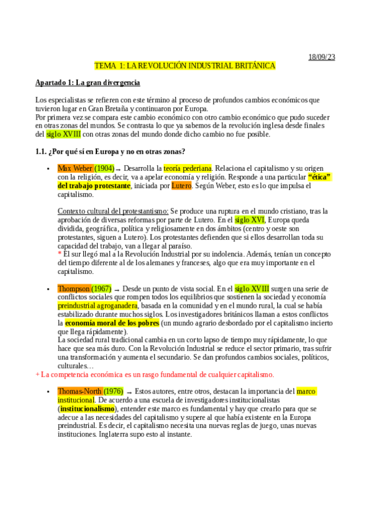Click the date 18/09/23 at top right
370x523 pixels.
point(322,57)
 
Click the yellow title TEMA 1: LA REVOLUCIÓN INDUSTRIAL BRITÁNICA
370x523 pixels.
point(185,65)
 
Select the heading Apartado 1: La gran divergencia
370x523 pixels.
point(88,83)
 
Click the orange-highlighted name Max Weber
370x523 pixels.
point(75,168)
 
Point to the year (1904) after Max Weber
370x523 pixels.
point(104,168)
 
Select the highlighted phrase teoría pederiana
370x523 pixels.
point(188,168)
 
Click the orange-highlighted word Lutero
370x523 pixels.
point(182,185)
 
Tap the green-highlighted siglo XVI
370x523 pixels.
point(249,220)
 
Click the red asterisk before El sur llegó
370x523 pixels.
point(59,253)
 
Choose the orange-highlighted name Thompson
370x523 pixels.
point(74,288)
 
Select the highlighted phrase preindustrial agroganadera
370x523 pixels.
point(98,305)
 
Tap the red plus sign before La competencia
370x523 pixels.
point(38,374)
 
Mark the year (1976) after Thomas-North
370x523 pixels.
point(113,391)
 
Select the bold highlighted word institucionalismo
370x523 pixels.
point(87,408)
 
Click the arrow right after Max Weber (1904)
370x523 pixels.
point(119,168)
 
